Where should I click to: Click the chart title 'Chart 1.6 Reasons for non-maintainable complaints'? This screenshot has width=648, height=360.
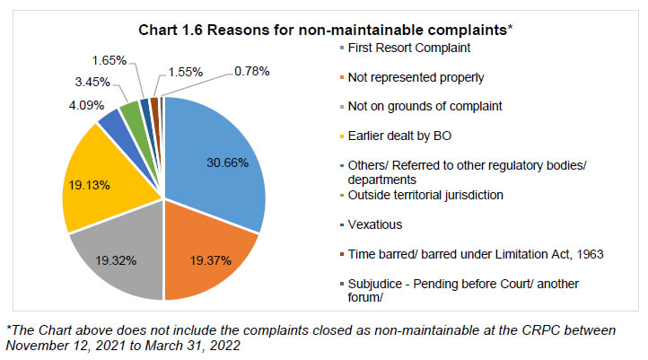(323, 30)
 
